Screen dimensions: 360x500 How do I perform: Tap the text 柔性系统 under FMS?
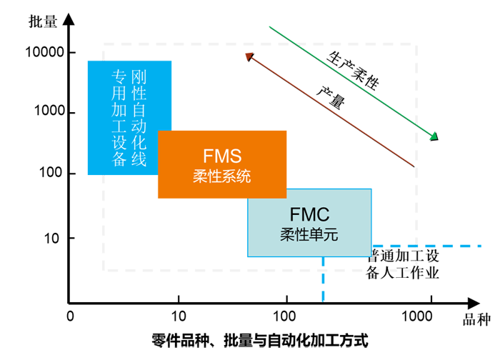[222, 176]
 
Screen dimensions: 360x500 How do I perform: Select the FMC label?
[310, 214]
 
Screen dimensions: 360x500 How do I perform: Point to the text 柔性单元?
[310, 233]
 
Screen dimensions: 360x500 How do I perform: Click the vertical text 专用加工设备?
[119, 119]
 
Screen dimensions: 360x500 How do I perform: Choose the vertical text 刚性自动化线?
[139, 119]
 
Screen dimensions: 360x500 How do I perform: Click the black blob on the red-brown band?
[334, 96]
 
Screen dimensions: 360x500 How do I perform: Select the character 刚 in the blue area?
[139, 76]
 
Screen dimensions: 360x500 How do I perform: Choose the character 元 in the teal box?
[330, 233]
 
